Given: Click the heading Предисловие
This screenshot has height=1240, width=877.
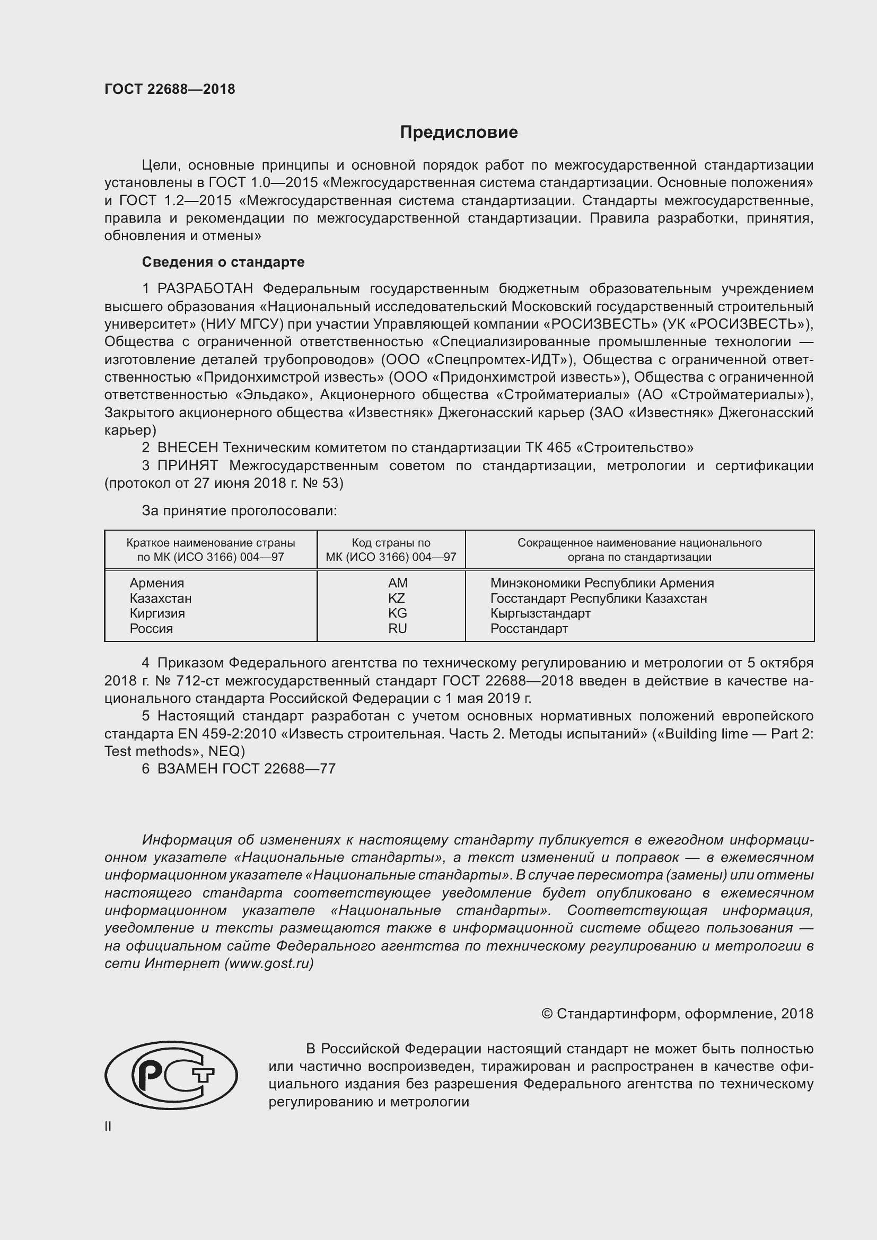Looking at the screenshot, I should [x=459, y=133].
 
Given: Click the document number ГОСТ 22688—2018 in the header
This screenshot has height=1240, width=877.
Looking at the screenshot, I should [x=170, y=89].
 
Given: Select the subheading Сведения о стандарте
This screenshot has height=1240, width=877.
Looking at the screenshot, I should [x=223, y=262].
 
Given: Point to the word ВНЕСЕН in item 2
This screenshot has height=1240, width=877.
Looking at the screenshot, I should [x=187, y=448].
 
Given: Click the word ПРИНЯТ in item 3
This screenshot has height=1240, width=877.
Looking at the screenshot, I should [x=187, y=465].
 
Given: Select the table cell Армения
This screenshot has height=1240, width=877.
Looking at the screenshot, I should [x=156, y=583].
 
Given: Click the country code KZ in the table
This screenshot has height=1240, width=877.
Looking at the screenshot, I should [x=397, y=599].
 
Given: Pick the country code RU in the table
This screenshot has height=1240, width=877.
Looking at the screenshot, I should [x=397, y=629].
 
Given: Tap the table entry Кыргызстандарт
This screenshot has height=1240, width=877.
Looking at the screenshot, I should [x=540, y=613].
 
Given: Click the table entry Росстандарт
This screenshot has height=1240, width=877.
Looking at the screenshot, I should [x=529, y=629].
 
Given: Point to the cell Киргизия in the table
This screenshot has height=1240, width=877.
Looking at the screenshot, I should [x=157, y=613].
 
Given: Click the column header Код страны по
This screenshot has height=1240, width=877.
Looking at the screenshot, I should [x=391, y=543].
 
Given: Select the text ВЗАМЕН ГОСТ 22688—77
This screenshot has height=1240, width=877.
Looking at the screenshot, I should [x=246, y=769].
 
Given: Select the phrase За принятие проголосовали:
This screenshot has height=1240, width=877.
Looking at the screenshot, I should [x=239, y=511].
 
